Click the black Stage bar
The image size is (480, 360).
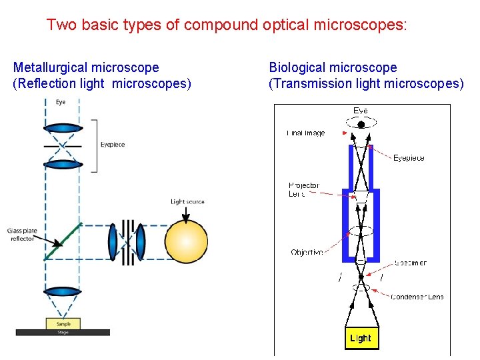click(63, 331)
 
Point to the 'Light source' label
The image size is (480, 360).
click(187, 201)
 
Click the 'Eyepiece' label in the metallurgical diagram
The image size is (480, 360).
click(112, 145)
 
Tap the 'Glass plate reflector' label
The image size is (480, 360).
click(21, 234)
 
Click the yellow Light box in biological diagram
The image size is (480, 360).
click(361, 338)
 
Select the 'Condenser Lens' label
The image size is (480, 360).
click(417, 297)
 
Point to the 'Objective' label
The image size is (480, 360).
click(307, 253)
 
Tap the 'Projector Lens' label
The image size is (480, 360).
click(304, 189)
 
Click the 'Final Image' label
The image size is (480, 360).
click(306, 133)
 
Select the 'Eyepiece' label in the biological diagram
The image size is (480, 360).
click(409, 158)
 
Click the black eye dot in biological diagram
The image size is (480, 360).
click(361, 124)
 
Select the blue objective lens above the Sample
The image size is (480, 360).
click(63, 291)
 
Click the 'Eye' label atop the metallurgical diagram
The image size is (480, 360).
click(61, 102)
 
